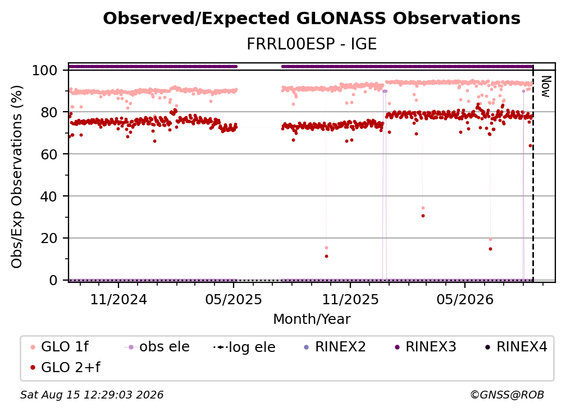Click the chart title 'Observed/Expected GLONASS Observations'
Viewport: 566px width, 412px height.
[x=312, y=19]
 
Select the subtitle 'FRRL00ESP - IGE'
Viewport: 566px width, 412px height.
[x=312, y=44]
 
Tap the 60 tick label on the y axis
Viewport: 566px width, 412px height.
[x=49, y=154]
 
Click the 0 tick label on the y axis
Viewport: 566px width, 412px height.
[x=53, y=280]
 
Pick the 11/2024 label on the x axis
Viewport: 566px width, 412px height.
[x=118, y=300]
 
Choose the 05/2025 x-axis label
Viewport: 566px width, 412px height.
[x=234, y=300]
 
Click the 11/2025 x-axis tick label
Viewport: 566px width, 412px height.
[x=350, y=300]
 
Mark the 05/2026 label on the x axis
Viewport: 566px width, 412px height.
[x=465, y=300]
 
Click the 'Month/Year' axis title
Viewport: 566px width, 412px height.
[x=312, y=319]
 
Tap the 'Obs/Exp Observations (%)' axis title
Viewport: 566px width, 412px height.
[x=17, y=177]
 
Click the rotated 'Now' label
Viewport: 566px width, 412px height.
[x=546, y=86]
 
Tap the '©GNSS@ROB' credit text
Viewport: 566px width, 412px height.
[x=507, y=395]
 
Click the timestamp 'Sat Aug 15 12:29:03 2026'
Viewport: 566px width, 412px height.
[x=92, y=395]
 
